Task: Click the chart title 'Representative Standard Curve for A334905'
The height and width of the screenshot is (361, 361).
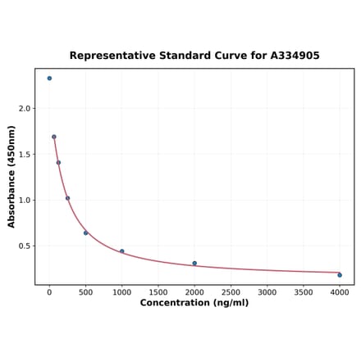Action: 194,56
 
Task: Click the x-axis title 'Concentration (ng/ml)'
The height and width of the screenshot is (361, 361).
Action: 194,303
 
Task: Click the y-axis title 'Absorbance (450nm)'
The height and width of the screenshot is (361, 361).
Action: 12,177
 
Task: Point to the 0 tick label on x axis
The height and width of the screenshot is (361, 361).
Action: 49,291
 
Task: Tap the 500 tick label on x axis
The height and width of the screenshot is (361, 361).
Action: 85,291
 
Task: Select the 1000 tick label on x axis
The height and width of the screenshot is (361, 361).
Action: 121,291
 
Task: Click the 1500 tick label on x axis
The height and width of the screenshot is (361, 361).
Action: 158,291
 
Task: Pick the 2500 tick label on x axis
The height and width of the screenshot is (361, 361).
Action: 231,291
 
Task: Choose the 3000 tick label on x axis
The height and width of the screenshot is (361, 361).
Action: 267,291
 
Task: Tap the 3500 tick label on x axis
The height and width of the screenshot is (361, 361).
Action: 304,291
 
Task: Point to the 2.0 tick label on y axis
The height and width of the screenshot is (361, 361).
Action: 25,108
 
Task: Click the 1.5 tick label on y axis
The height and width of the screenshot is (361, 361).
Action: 25,154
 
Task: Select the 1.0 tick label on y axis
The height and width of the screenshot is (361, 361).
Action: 25,200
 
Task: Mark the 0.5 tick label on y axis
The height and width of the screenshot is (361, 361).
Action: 25,246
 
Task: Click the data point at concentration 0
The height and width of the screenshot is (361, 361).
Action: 49,79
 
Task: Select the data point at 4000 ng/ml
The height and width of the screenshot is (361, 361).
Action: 340,275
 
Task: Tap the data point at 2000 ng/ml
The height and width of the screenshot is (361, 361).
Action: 194,264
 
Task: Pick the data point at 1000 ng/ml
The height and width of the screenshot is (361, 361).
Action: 122,251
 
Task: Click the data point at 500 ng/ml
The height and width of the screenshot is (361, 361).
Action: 85,233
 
